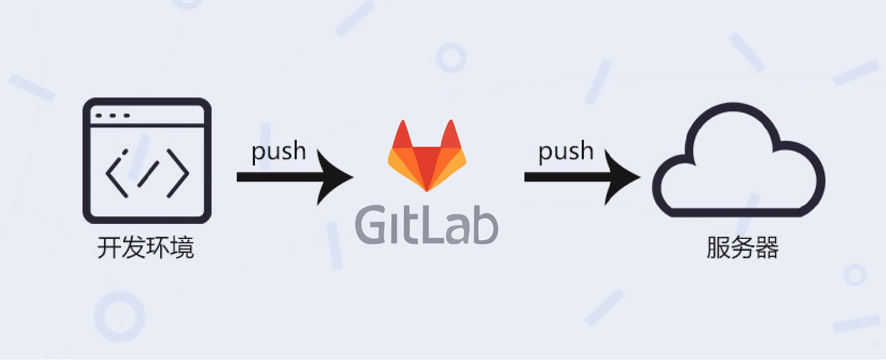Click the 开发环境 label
(146, 247)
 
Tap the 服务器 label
(742, 247)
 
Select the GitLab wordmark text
(426, 225)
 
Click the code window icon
(147, 160)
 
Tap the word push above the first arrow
(279, 152)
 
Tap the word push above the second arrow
(566, 152)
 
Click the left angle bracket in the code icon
(117, 173)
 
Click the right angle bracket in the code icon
(178, 173)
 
